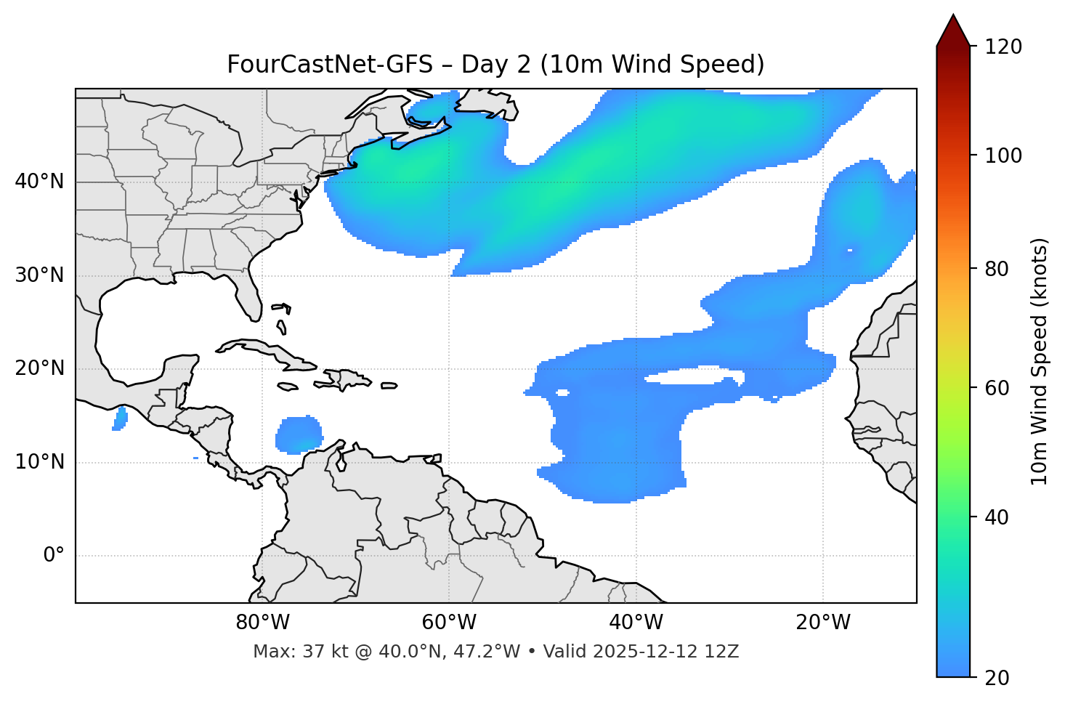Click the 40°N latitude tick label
[39, 182]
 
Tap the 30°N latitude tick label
[39, 275]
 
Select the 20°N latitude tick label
[39, 368]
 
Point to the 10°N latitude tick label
[39, 462]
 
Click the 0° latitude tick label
[54, 556]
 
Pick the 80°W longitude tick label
[262, 623]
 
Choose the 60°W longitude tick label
[449, 623]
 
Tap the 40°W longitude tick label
[636, 623]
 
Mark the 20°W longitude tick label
[823, 623]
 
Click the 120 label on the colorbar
[1003, 47]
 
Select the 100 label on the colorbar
[1003, 155]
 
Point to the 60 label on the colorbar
[997, 388]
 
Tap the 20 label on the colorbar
[997, 678]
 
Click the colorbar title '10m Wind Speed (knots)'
[1040, 362]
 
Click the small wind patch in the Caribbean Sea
[299, 435]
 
